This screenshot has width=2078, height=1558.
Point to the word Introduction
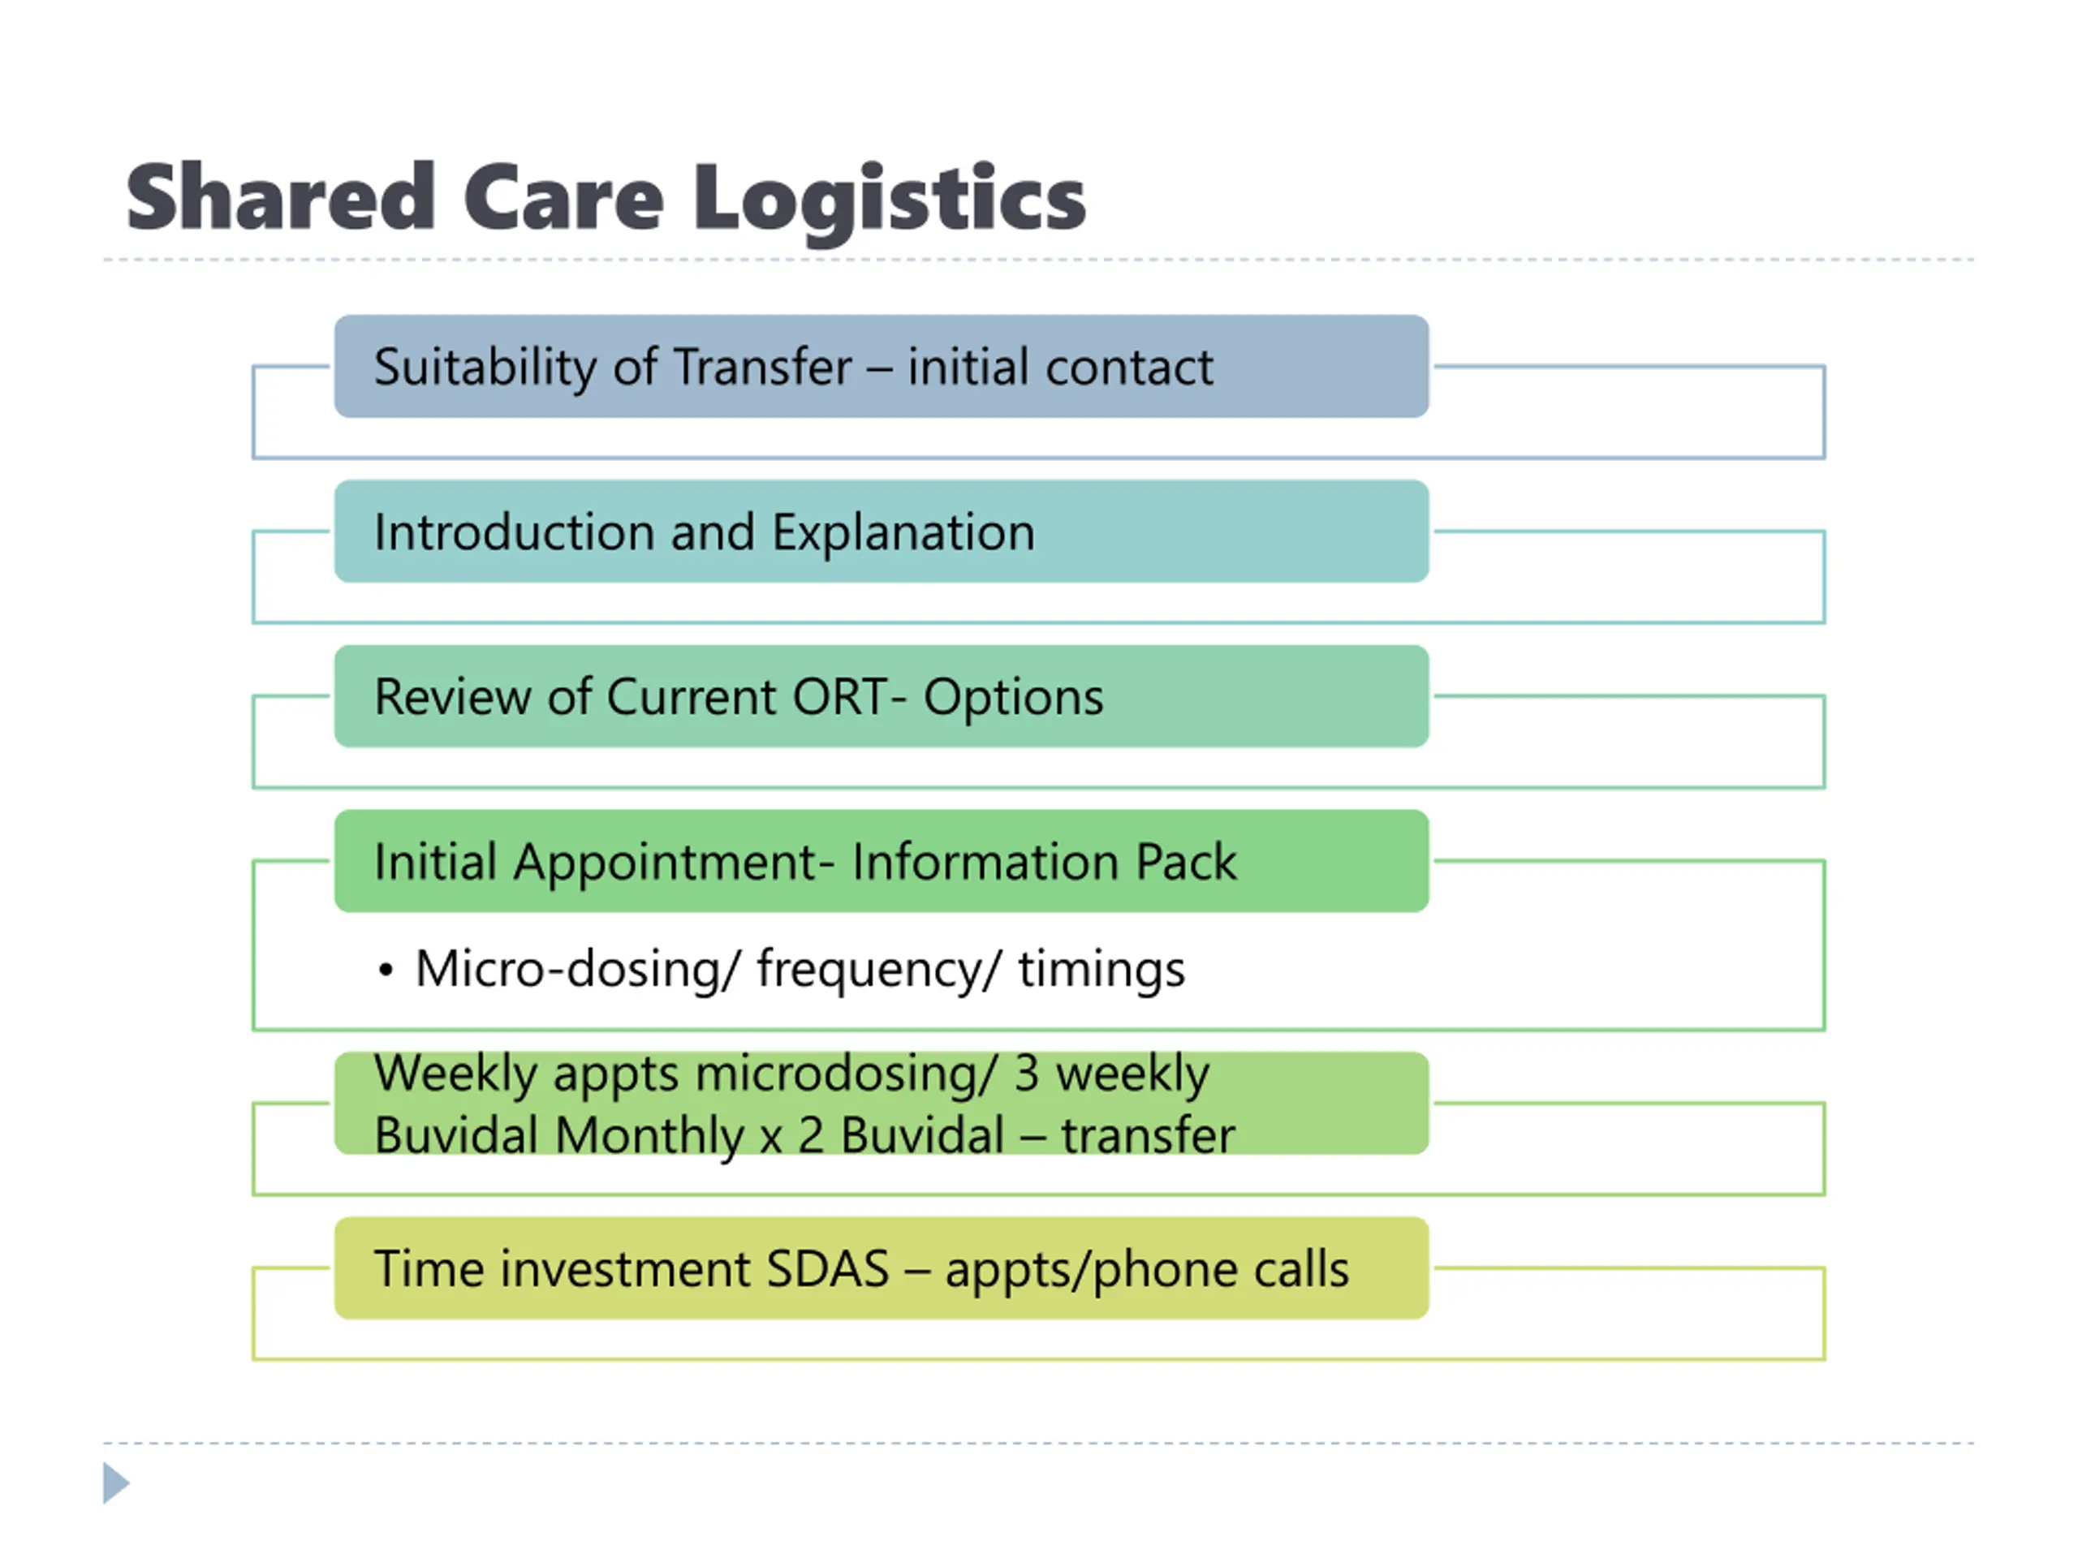click(513, 532)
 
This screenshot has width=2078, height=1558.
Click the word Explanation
click(903, 532)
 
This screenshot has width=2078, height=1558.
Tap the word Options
click(1013, 699)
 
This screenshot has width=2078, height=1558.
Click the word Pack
click(1186, 862)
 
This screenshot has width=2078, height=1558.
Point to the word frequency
click(869, 971)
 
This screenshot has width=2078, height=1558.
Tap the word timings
click(1101, 971)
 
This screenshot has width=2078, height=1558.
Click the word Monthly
click(649, 1136)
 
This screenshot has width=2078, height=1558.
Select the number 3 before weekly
click(1026, 1074)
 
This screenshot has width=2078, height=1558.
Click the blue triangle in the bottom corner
click(114, 1483)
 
